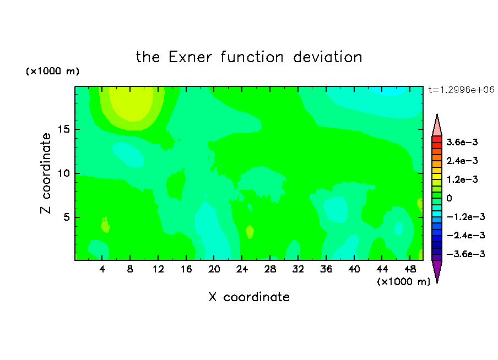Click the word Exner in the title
tap(190, 57)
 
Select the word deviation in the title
tap(328, 57)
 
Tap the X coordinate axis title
tap(249, 297)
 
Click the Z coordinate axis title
tap(46, 173)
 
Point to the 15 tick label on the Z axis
tap(63, 129)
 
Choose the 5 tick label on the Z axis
tap(66, 217)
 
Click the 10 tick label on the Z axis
tap(63, 173)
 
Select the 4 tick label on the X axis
tap(102, 269)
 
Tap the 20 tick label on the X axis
tap(214, 269)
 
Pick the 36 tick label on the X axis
tap(326, 269)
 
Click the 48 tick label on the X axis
tap(410, 269)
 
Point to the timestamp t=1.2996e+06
tap(462, 90)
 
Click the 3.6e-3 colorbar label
tap(462, 142)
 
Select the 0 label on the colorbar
tap(449, 198)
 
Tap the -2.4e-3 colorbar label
tap(465, 235)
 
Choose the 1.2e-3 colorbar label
tap(462, 179)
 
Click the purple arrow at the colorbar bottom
tap(437, 270)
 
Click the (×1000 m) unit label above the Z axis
tap(52, 71)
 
